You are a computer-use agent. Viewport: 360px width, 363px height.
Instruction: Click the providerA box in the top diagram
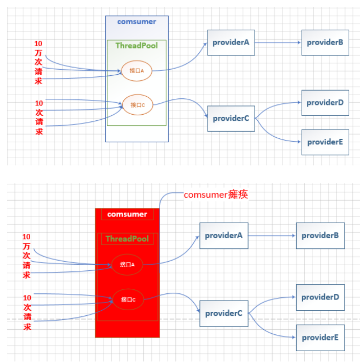tap(231, 42)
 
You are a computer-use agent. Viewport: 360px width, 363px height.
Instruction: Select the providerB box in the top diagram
tap(325, 42)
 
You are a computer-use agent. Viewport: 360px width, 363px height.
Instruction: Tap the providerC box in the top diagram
tap(231, 118)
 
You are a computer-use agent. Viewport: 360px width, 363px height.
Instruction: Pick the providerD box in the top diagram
tap(325, 102)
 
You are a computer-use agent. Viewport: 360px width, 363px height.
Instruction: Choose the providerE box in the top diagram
tap(325, 142)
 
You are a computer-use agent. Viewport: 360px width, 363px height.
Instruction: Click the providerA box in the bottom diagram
tap(223, 236)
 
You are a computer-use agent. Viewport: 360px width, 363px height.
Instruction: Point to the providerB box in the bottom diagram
tap(320, 236)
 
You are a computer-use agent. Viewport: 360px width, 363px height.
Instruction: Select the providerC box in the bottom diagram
tap(223, 313)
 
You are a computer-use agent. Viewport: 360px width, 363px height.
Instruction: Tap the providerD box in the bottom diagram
tap(320, 297)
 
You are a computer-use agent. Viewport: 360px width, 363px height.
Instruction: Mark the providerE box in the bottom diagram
tap(320, 337)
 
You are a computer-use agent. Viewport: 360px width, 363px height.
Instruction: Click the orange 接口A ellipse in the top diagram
tap(137, 71)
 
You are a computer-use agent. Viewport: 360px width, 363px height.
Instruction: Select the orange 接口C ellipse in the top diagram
tap(138, 105)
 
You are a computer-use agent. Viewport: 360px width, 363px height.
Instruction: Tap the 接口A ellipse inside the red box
tap(127, 265)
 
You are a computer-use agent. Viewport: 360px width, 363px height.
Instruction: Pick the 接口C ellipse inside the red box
tap(128, 300)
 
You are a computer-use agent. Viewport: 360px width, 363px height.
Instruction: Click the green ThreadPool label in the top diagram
tap(137, 46)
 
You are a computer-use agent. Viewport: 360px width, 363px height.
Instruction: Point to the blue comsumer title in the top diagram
tap(137, 22)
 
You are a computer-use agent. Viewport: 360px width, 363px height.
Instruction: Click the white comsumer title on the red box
tap(127, 214)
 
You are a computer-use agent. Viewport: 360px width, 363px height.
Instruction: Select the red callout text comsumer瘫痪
tap(216, 195)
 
